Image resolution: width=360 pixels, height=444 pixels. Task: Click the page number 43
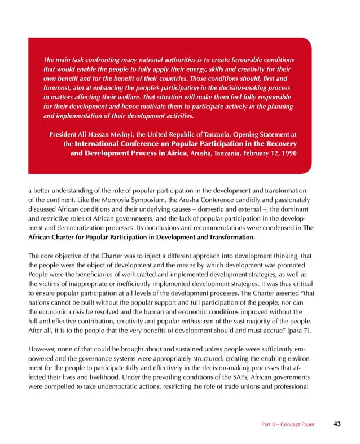(337, 423)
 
